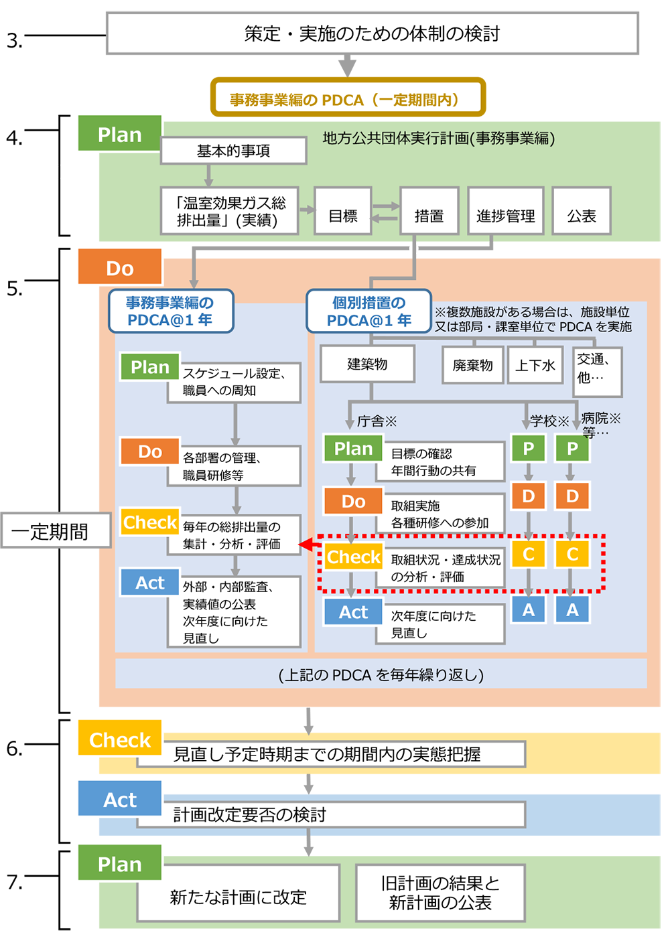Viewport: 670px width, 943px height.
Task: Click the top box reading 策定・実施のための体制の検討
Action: click(x=372, y=33)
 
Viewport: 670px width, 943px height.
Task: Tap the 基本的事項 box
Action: click(x=233, y=151)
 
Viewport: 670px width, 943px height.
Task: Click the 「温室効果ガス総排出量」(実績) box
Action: click(x=230, y=211)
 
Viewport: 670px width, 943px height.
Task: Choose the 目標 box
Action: click(x=343, y=216)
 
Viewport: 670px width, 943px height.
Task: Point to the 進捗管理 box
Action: click(x=505, y=216)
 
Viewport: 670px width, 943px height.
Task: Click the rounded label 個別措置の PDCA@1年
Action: click(x=369, y=311)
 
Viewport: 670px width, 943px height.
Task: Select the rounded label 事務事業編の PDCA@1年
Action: click(x=171, y=311)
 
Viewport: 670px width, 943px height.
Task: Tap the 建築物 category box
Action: click(x=367, y=364)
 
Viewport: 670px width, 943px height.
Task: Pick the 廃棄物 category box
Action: click(x=472, y=365)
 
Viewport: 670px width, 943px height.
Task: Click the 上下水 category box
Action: click(x=535, y=365)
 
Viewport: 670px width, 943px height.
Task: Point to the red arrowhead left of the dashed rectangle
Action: click(x=306, y=545)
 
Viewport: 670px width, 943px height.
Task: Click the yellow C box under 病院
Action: click(x=572, y=554)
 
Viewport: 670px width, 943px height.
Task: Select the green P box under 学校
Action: click(x=528, y=448)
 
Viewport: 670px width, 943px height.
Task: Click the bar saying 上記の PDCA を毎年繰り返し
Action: click(x=381, y=674)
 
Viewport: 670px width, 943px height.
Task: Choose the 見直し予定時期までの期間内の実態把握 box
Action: click(x=331, y=754)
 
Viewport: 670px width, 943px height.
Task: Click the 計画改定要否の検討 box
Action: click(x=331, y=814)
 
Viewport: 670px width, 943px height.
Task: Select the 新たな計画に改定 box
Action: click(x=239, y=896)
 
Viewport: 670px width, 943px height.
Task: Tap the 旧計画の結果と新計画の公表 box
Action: click(x=440, y=893)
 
